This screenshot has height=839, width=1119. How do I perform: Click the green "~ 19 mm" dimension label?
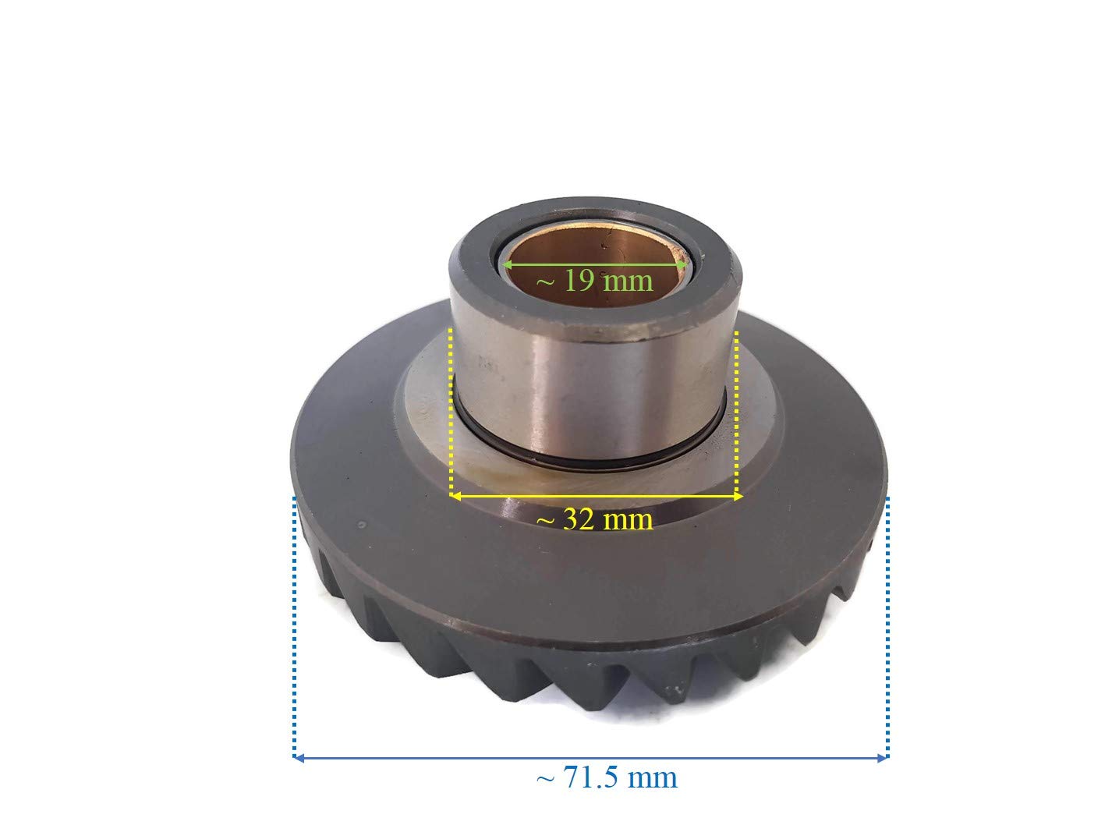(x=594, y=281)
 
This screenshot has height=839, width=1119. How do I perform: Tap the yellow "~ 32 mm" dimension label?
(x=594, y=520)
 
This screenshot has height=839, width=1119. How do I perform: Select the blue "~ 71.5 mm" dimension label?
(x=607, y=778)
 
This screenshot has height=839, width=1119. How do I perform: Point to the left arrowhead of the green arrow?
(x=507, y=264)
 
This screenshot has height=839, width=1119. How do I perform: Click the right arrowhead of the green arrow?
(x=682, y=264)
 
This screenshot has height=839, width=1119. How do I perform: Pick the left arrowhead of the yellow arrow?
(x=456, y=495)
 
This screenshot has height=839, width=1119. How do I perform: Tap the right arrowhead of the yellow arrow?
(x=737, y=495)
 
